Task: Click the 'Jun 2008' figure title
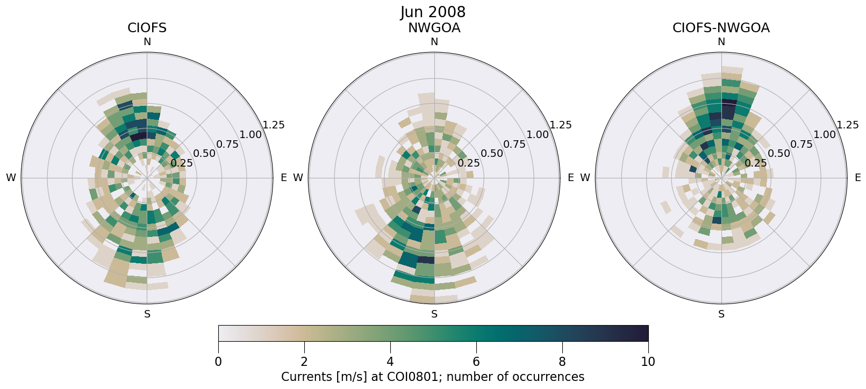433,12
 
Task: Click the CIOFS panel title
147,28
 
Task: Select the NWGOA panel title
434,28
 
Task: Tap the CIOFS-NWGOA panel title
721,28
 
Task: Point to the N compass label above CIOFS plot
147,42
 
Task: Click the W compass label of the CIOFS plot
11,178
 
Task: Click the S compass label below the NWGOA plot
434,314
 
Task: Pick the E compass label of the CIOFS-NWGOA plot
857,178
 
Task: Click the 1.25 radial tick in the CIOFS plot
274,125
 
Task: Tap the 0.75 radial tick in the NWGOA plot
514,144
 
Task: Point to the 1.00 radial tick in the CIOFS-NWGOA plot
825,134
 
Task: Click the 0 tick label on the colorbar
218,362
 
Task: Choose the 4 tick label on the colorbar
390,362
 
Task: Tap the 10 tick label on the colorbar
648,362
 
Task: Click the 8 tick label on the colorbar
562,362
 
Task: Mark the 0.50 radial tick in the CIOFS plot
204,154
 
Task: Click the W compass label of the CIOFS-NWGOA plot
585,178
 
